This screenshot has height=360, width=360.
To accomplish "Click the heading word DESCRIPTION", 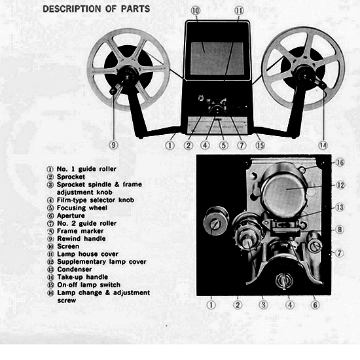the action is click(72, 9).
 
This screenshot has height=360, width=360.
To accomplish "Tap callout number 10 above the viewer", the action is click(196, 10).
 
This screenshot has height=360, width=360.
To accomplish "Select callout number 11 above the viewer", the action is click(239, 10).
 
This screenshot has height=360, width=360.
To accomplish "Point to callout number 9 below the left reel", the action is click(113, 145).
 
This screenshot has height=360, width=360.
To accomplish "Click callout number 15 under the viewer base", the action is click(260, 145).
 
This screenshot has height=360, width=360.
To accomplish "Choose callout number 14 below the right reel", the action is click(323, 145).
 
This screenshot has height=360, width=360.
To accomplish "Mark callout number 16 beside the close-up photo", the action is click(340, 162).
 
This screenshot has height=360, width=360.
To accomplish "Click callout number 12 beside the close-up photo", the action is click(340, 185).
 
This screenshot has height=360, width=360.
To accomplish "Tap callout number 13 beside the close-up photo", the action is click(340, 207).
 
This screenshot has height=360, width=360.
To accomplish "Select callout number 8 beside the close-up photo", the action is click(340, 230).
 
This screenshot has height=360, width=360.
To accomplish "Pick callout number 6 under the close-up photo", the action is click(315, 305).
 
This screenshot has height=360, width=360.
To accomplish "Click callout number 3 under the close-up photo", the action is click(263, 305).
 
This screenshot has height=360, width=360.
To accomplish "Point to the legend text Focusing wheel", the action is click(82, 207).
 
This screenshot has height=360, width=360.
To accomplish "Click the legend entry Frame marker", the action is click(80, 231).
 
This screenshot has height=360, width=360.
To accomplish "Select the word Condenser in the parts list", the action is click(75, 269).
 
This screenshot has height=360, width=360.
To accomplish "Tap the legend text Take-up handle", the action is click(82, 277).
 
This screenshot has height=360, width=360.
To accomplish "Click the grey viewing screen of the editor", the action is click(217, 58).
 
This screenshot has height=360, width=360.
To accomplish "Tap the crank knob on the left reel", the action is click(113, 92).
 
